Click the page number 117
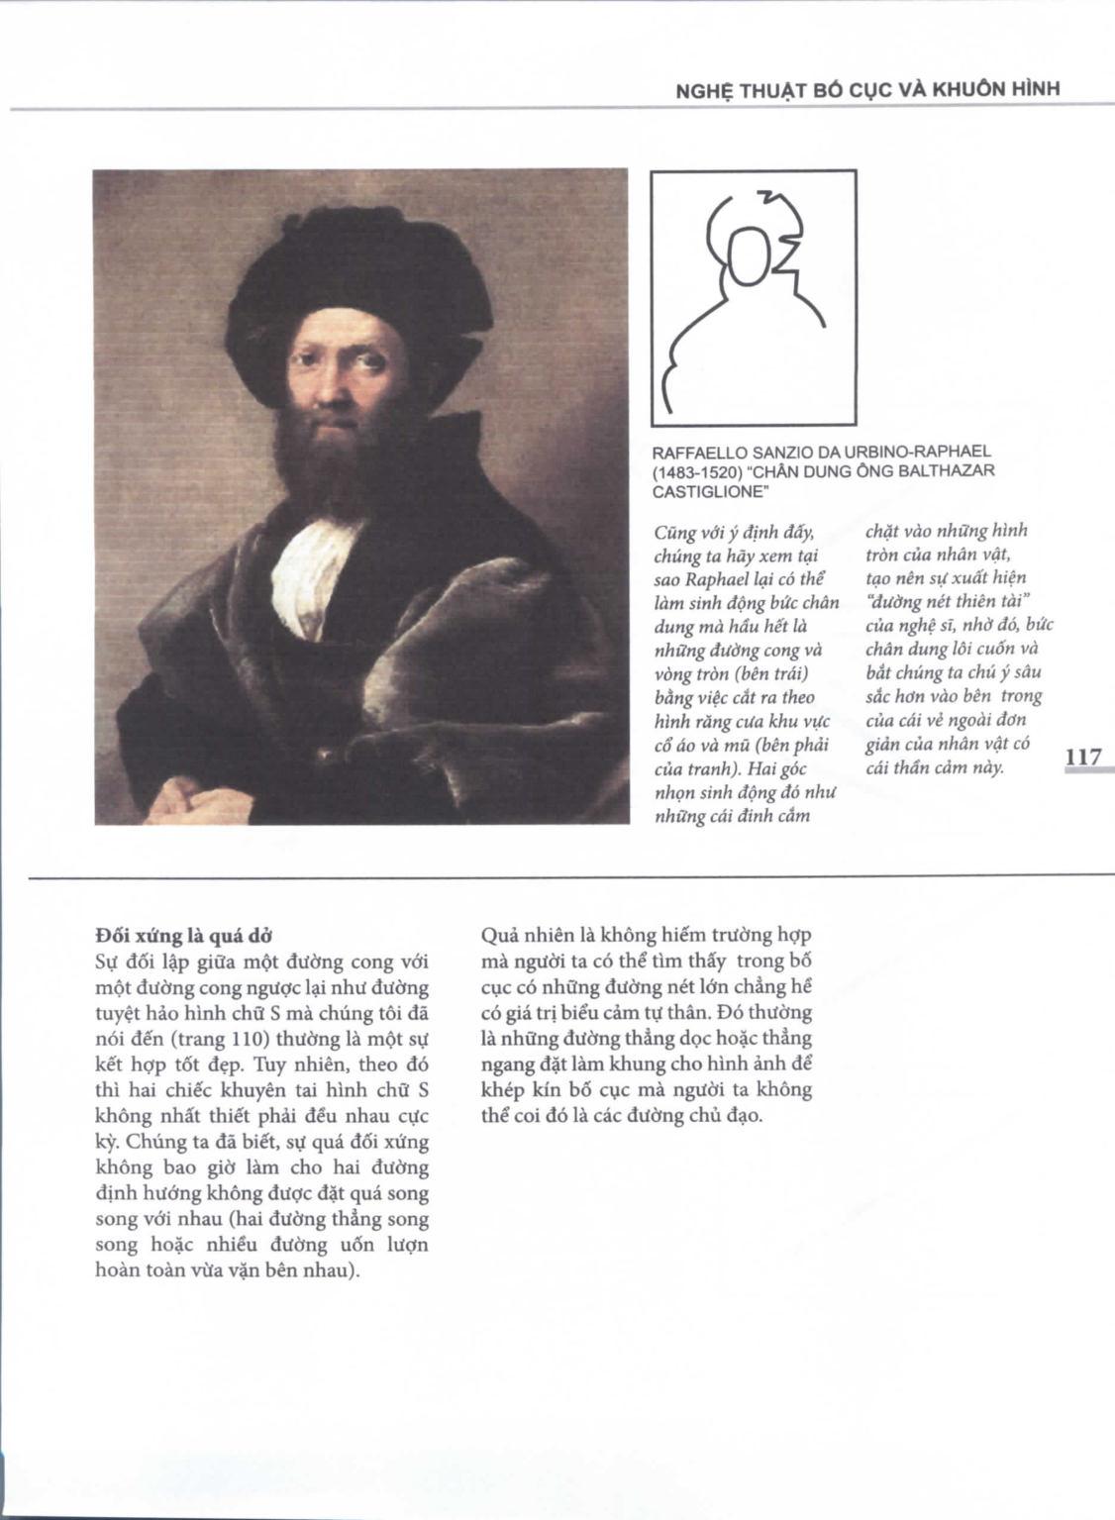1082,758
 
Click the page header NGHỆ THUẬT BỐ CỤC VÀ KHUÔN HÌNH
866,88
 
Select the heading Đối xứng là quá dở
183,936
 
